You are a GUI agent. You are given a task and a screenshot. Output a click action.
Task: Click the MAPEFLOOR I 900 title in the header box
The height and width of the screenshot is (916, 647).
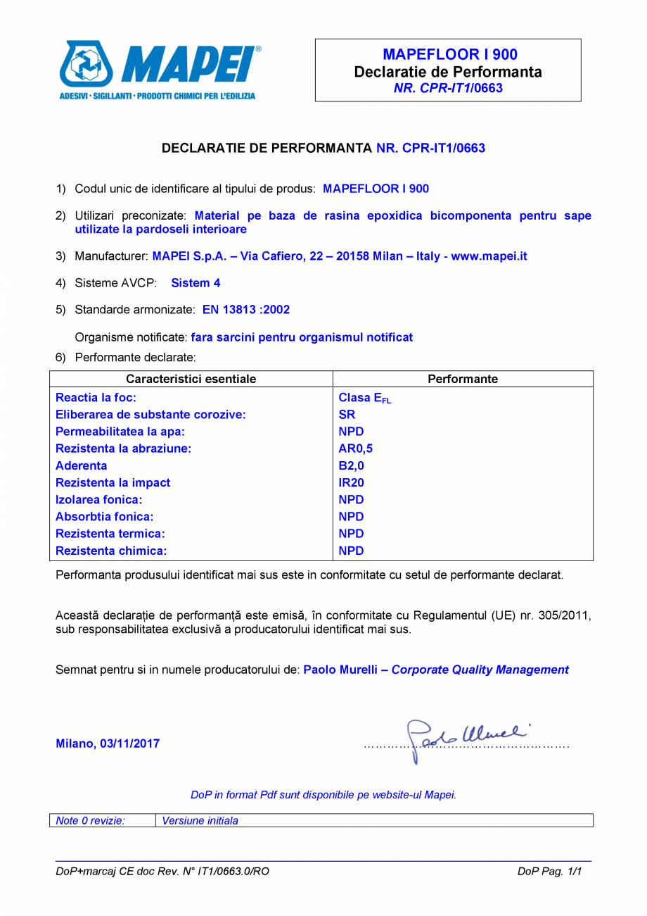pyautogui.click(x=450, y=54)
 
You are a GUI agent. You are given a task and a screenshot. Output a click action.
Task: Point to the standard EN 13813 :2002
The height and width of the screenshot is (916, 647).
pyautogui.click(x=245, y=309)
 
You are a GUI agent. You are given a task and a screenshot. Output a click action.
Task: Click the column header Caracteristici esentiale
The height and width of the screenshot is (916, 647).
pyautogui.click(x=191, y=379)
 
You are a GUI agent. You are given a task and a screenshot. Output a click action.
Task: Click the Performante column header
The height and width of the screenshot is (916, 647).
pyautogui.click(x=462, y=379)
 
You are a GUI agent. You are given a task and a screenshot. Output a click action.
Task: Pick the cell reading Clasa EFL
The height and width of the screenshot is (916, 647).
pyautogui.click(x=364, y=399)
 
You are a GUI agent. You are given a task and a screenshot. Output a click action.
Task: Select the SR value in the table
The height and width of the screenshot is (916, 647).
pyautogui.click(x=347, y=415)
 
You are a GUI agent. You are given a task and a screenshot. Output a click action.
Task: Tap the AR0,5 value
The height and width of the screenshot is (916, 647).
pyautogui.click(x=355, y=448)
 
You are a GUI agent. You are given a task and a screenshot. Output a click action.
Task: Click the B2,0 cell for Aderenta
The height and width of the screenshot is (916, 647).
pyautogui.click(x=352, y=465)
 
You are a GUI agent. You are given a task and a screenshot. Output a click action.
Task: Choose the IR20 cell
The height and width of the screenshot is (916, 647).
pyautogui.click(x=352, y=482)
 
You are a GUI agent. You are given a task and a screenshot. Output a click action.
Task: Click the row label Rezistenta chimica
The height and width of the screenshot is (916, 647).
pyautogui.click(x=111, y=551)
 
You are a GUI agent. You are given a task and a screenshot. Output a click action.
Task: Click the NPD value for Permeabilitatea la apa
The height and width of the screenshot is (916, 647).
pyautogui.click(x=351, y=432)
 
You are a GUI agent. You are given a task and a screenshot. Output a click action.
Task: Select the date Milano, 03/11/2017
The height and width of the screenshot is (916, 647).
pyautogui.click(x=107, y=744)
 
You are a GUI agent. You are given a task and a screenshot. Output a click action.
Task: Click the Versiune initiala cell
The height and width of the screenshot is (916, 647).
pyautogui.click(x=200, y=820)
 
